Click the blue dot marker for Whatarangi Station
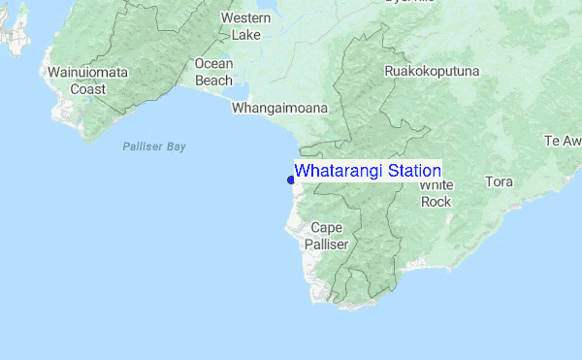(x=291, y=180)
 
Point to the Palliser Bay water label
(x=154, y=147)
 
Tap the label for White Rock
(x=436, y=193)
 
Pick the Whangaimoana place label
(x=279, y=109)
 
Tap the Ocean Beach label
(x=213, y=72)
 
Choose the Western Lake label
(x=245, y=27)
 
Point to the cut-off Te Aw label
(x=564, y=141)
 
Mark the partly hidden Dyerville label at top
(x=410, y=3)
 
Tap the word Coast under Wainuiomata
(x=87, y=89)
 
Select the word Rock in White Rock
(x=436, y=202)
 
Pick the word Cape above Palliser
(x=327, y=228)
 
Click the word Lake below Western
(x=245, y=36)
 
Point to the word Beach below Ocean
(x=213, y=81)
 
